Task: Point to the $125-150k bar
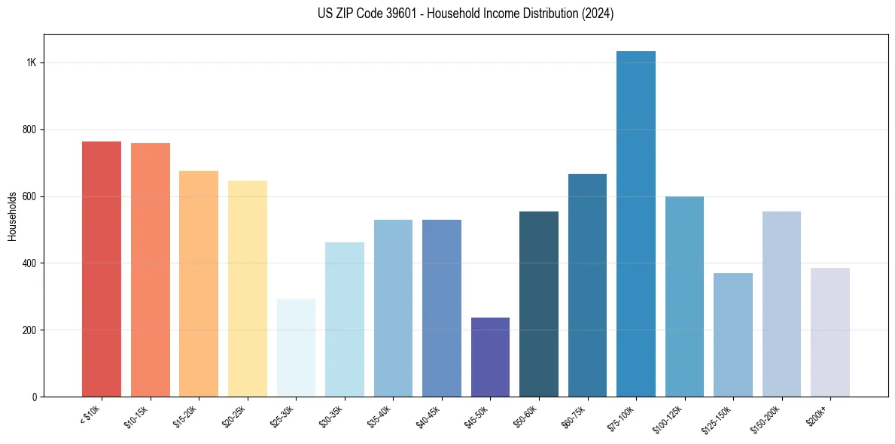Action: (x=733, y=335)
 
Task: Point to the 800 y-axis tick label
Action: (x=30, y=129)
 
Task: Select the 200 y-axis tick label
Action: (x=30, y=330)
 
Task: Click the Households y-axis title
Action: (x=12, y=217)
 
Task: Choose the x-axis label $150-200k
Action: (x=766, y=418)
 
